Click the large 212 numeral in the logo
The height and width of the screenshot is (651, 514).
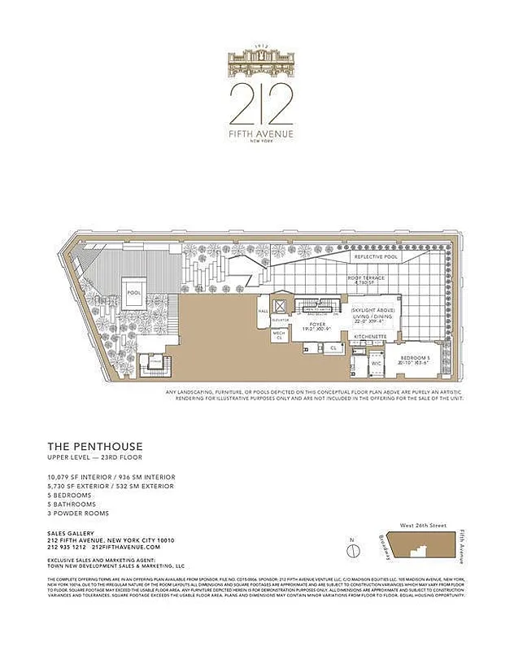(x=261, y=102)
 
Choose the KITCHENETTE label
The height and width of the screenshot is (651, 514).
(x=368, y=336)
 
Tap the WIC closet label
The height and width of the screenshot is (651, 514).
(x=377, y=364)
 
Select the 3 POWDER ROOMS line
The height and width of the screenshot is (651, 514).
(x=79, y=513)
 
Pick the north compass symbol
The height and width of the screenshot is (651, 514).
(x=353, y=550)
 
